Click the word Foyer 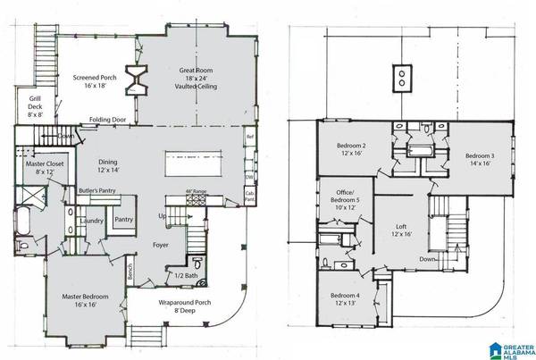pyautogui.click(x=161, y=245)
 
